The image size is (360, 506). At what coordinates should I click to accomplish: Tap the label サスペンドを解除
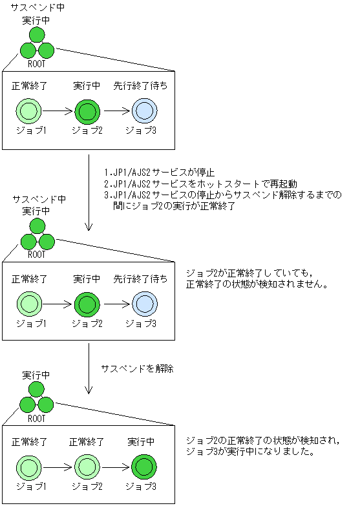click(x=138, y=368)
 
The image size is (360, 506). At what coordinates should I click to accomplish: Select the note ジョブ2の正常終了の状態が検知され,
click(x=262, y=441)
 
